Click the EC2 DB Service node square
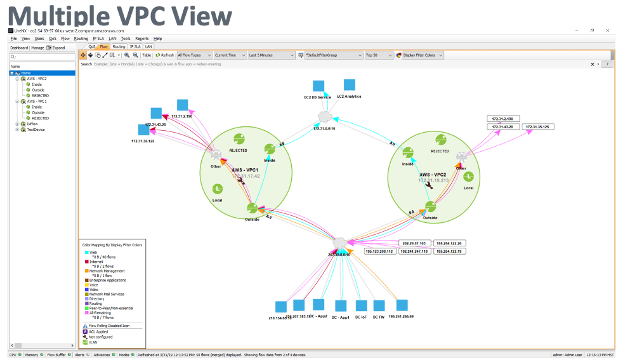[x=318, y=86]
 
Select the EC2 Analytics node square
[x=349, y=85]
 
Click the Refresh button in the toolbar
[x=165, y=55]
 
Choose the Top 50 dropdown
[x=378, y=55]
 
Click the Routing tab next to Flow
[x=119, y=46]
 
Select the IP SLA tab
[x=135, y=46]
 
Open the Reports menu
[x=141, y=39]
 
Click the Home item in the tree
[x=26, y=73]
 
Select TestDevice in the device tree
[x=36, y=130]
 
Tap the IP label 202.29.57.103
[x=415, y=243]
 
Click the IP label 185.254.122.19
[x=450, y=251]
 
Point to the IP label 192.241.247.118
[x=415, y=251]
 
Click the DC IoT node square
[x=362, y=306]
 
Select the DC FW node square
[x=379, y=306]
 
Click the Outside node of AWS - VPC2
[x=431, y=206]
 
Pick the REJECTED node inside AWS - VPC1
[x=239, y=140]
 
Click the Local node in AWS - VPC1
[x=217, y=189]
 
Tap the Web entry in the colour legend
[x=93, y=252]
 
